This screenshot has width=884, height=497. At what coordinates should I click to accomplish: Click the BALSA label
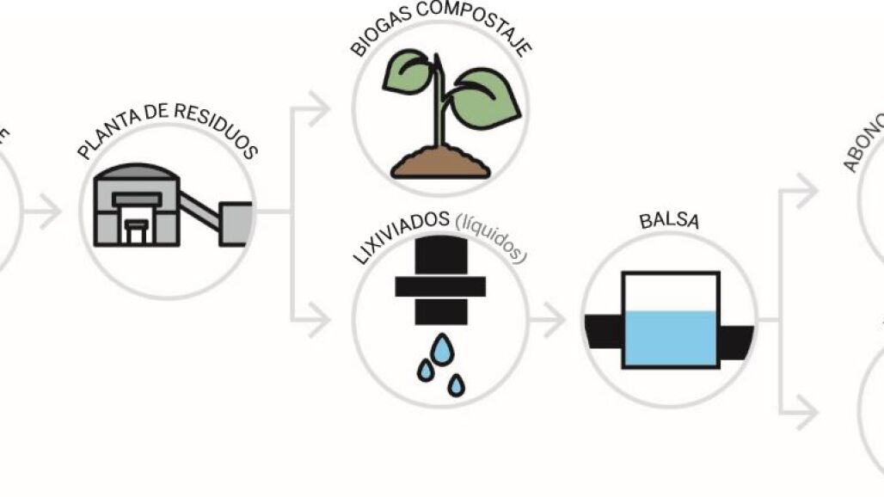click(670, 221)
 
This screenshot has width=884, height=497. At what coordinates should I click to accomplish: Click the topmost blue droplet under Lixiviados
click(442, 347)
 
